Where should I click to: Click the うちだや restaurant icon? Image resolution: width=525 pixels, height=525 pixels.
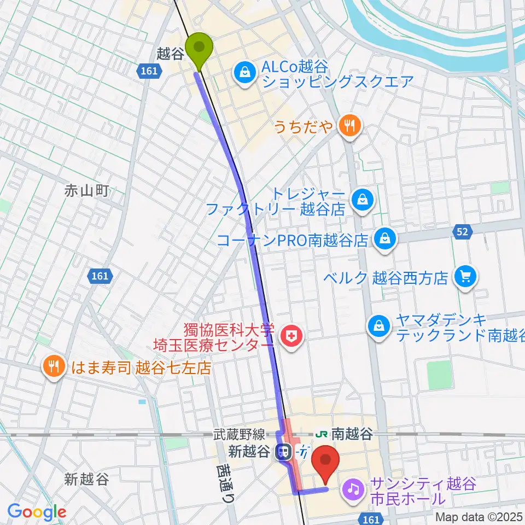pos(348,127)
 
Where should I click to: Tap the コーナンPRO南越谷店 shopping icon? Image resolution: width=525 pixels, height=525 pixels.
pos(384,238)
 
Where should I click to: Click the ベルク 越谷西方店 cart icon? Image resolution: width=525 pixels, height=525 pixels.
pos(466,277)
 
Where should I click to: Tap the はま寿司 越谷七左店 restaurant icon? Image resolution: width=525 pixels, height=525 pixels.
pos(53,367)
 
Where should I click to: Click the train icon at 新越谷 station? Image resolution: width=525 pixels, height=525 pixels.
pos(283,452)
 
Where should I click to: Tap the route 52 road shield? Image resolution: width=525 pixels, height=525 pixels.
pos(462,232)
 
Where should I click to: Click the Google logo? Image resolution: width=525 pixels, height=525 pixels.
pos(37,511)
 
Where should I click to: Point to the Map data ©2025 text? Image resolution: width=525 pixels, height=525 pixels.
pos(479,517)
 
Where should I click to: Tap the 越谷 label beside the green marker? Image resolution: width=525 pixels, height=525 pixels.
pos(169,54)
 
